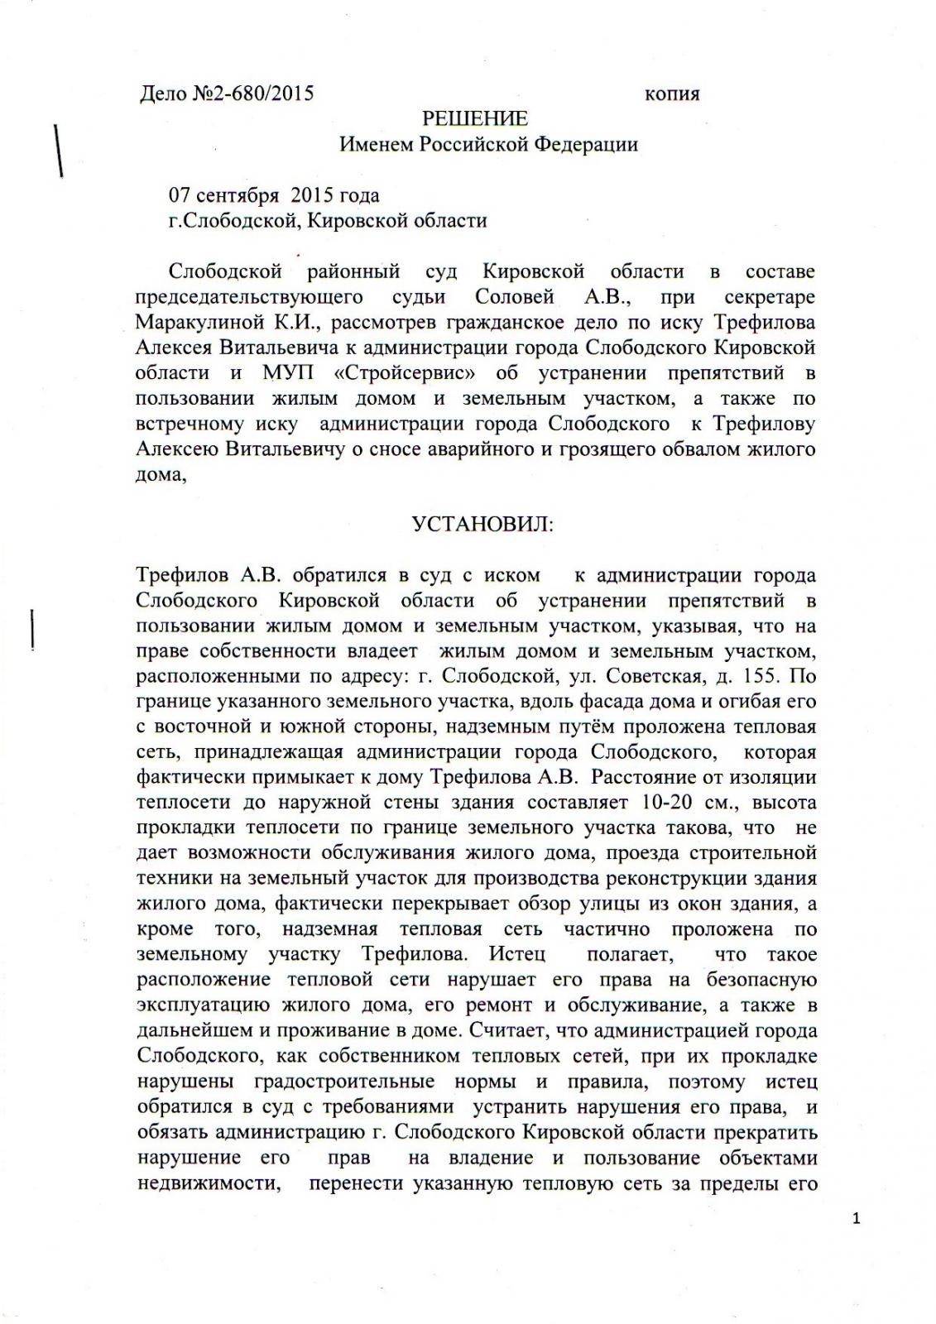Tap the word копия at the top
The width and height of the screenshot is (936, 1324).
(x=671, y=94)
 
